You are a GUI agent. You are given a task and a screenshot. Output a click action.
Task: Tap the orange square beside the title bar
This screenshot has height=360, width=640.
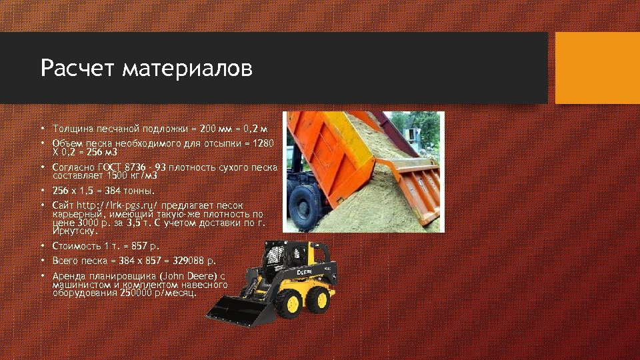[597, 68]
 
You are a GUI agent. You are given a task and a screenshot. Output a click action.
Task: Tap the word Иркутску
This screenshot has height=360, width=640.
[75, 231]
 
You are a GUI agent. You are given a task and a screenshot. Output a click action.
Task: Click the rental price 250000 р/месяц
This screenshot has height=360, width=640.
[157, 292]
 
